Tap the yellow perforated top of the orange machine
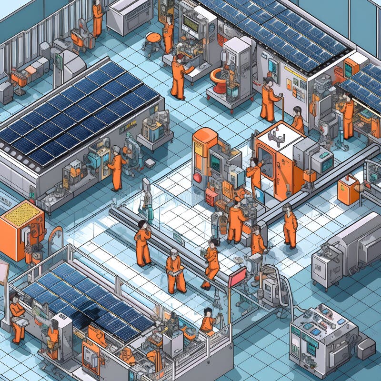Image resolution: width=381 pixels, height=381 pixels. click(x=21, y=214)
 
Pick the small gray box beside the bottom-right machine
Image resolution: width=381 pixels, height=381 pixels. click(x=366, y=349)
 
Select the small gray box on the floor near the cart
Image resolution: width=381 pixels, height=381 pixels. click(x=150, y=163)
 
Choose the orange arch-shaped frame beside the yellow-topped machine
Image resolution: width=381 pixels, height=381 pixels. click(x=55, y=238)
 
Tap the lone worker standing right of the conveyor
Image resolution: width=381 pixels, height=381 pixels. click(x=290, y=226)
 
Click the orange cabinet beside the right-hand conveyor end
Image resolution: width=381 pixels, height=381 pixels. click(x=348, y=189)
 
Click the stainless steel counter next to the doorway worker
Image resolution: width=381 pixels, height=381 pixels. click(x=126, y=17)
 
